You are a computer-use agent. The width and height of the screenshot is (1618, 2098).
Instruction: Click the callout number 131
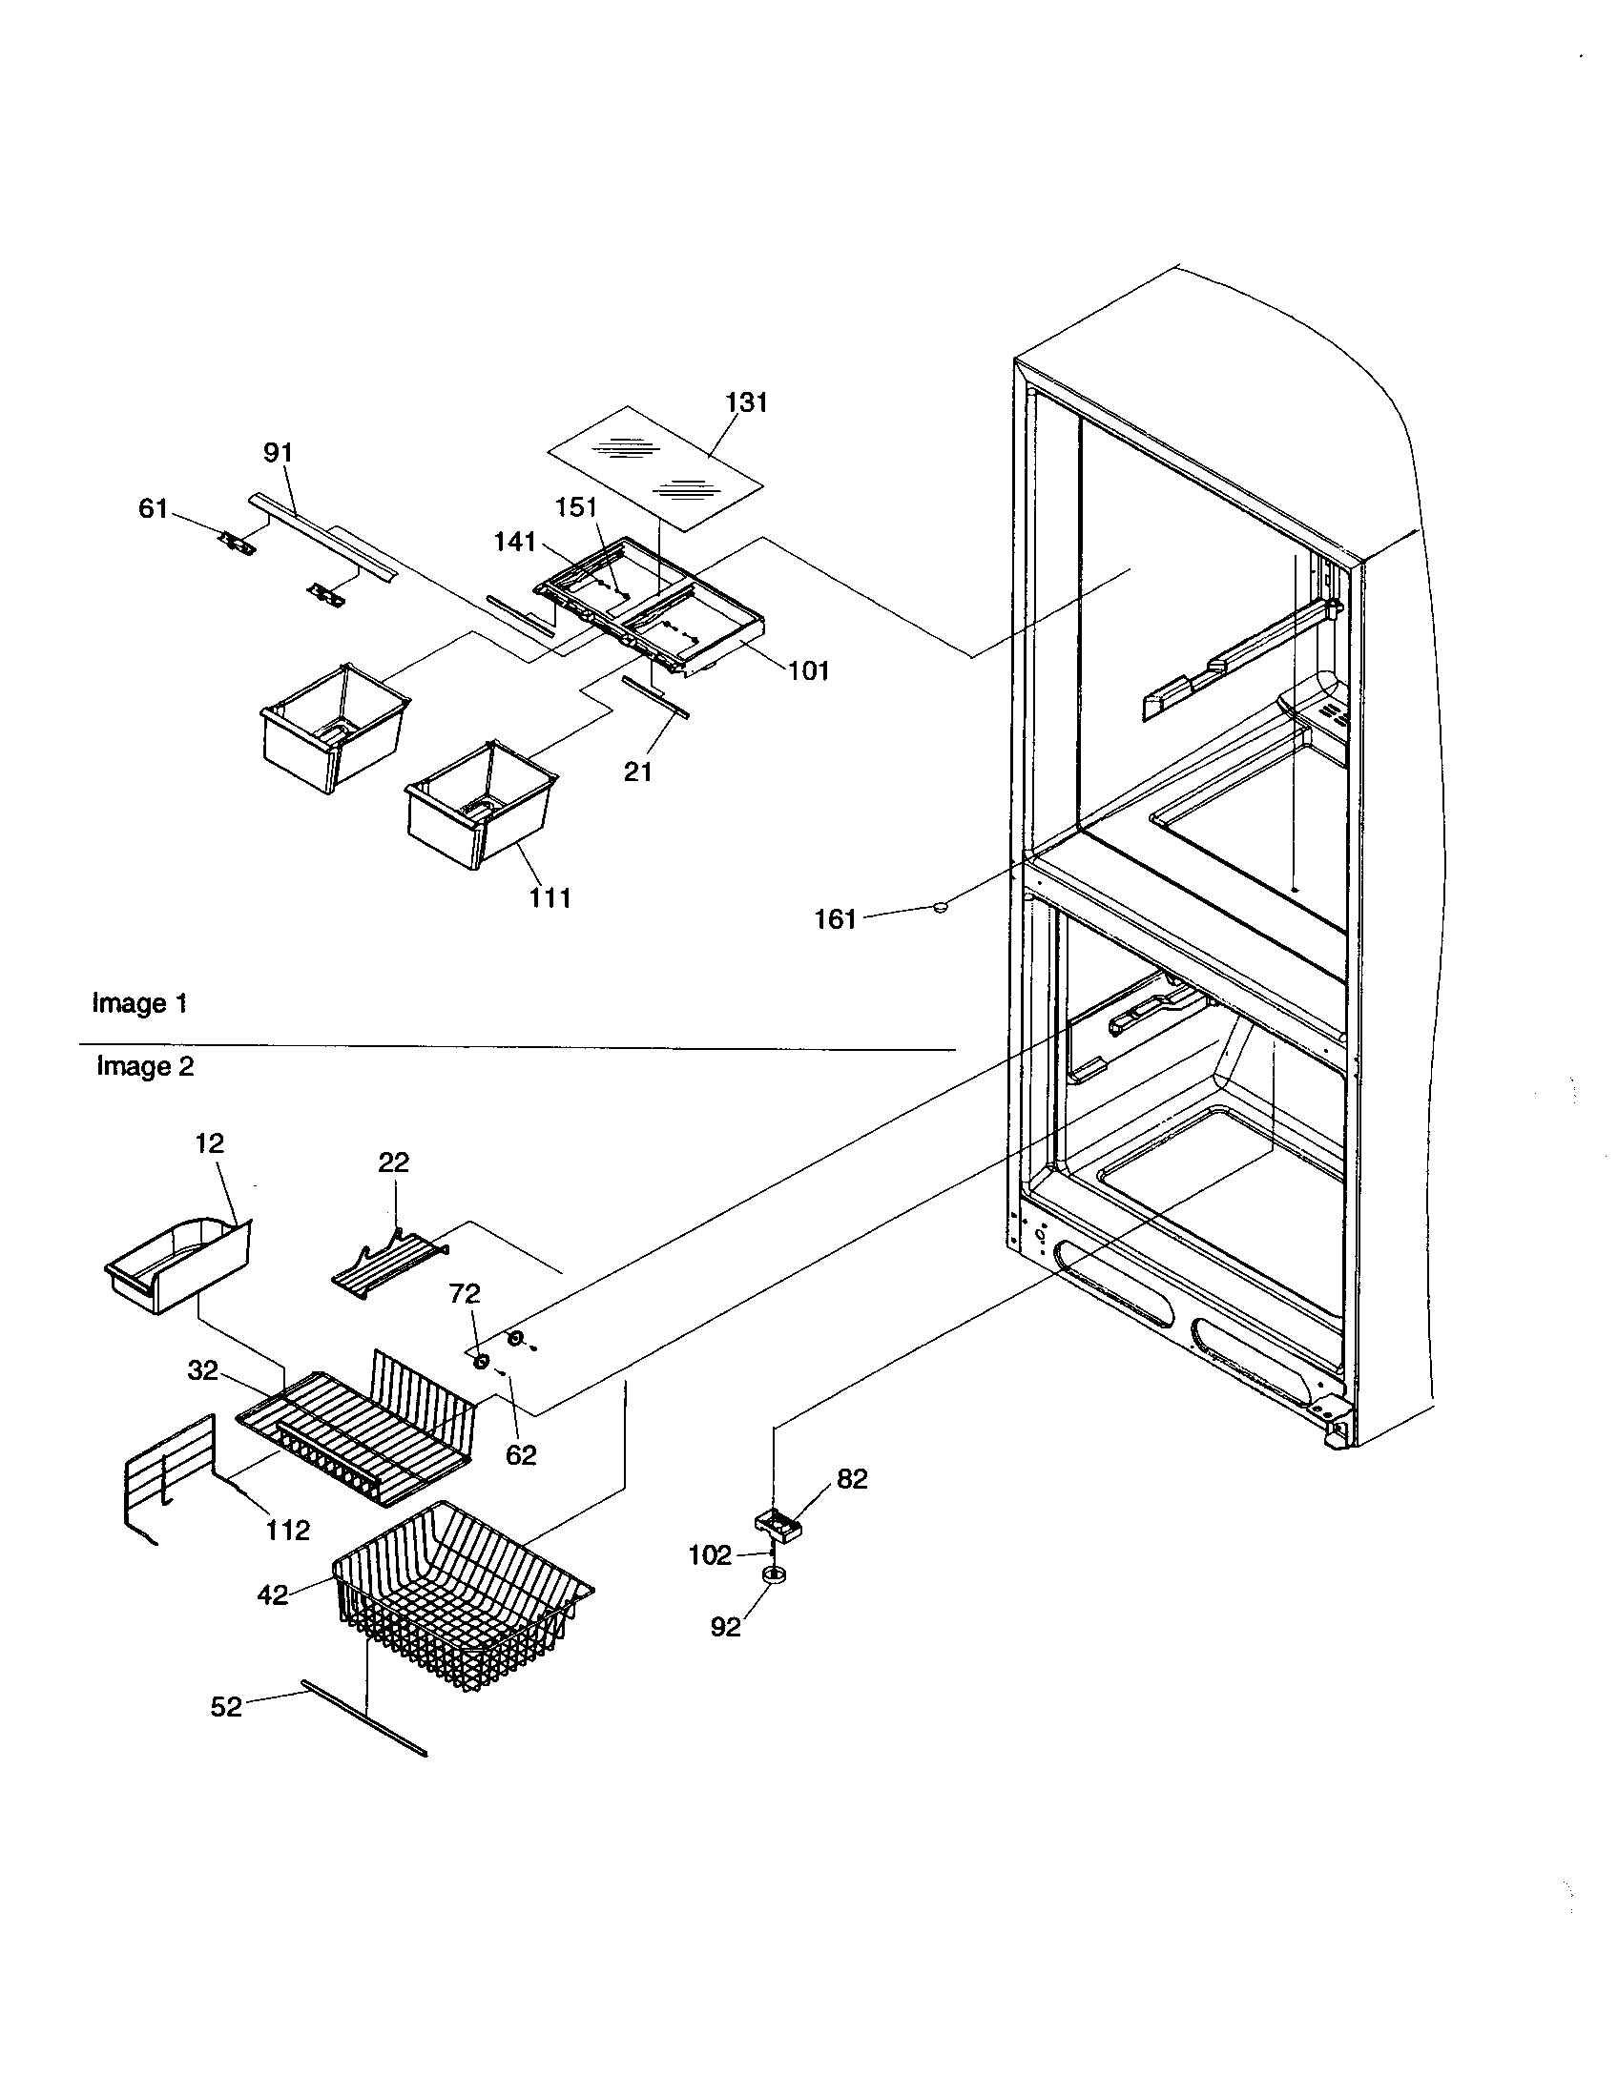[x=747, y=402]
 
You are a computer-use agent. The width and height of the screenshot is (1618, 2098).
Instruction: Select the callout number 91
[x=278, y=451]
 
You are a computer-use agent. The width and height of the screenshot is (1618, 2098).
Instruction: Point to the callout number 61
[x=154, y=508]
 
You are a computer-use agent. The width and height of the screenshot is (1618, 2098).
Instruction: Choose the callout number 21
[x=638, y=771]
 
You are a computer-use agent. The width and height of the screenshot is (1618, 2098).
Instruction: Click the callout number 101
[x=808, y=670]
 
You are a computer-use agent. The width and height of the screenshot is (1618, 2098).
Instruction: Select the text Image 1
[x=139, y=1004]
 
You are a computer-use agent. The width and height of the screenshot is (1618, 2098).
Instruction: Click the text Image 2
[x=145, y=1066]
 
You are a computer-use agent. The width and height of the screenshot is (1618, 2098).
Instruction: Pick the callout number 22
[x=393, y=1162]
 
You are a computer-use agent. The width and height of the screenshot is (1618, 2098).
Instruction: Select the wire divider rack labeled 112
[x=168, y=1472]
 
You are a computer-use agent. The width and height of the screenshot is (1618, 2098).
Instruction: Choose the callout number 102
[x=710, y=1554]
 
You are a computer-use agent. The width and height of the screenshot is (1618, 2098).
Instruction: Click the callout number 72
[x=464, y=1294]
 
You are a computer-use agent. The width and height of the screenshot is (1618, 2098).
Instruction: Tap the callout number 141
[x=515, y=542]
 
